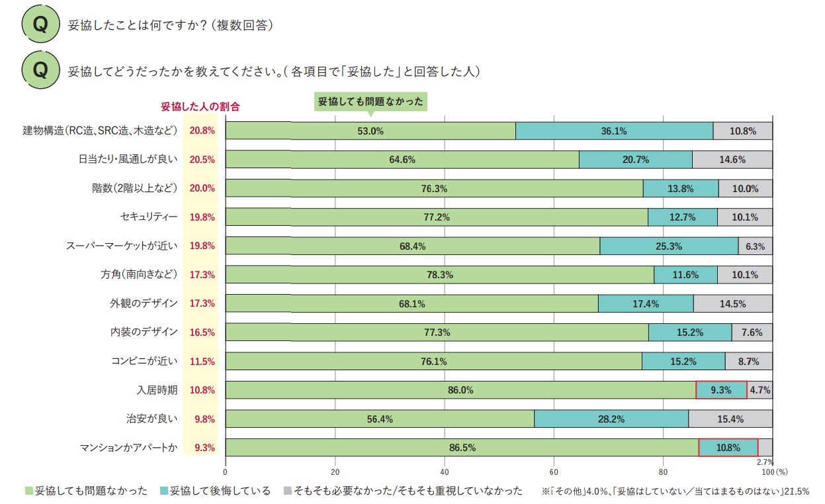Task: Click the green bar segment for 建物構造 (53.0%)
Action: coord(370,131)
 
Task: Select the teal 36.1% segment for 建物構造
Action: coord(613,131)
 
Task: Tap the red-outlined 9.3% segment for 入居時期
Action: coord(720,390)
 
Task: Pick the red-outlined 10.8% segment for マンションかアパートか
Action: coord(728,448)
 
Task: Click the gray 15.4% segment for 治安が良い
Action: coord(730,419)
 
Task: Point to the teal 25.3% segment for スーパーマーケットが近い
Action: coord(668,246)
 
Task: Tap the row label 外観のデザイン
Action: coord(144,303)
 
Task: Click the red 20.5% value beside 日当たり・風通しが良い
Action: coord(202,160)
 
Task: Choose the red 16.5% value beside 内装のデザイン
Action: coord(202,332)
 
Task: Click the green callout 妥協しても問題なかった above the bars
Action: coord(370,102)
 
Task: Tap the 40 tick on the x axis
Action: coord(445,472)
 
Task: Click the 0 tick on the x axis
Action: coord(226,472)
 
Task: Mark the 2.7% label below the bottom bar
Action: coord(765,462)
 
